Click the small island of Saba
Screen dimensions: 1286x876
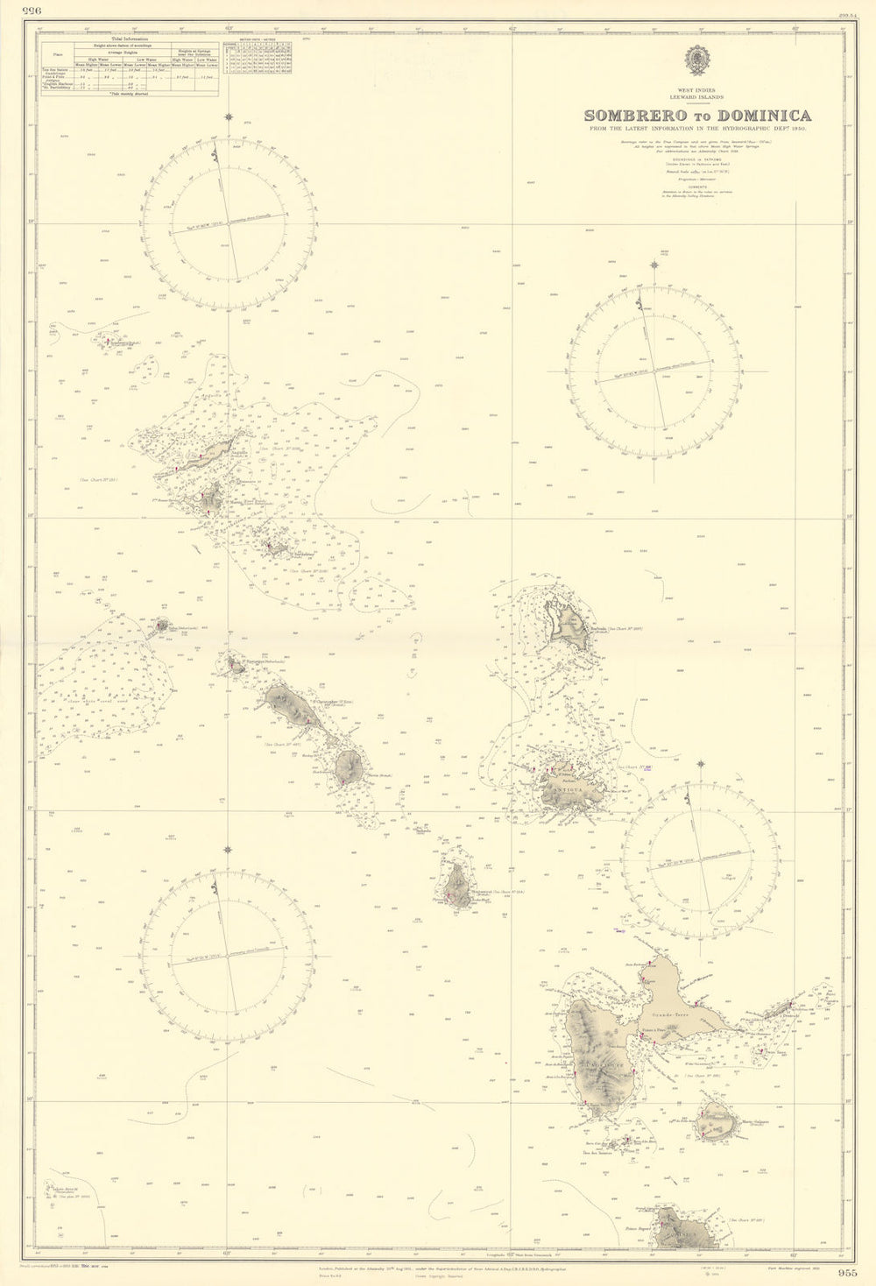pyautogui.click(x=162, y=625)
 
